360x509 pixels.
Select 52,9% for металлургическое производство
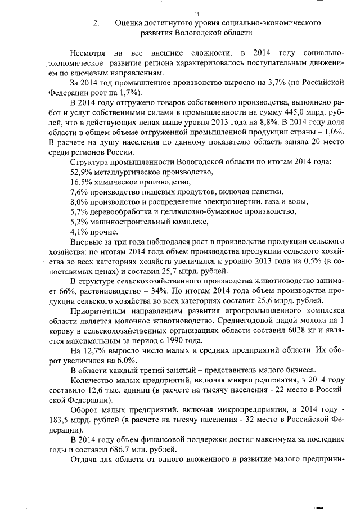(81, 172)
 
